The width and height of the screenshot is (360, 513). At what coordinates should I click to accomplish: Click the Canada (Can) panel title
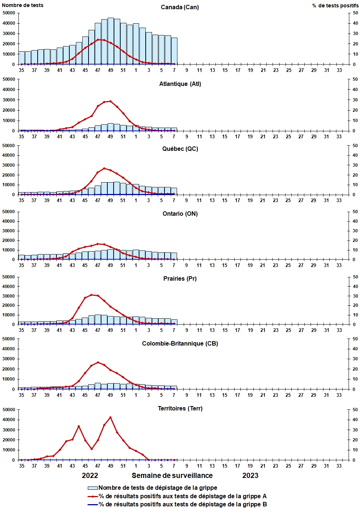[x=180, y=7]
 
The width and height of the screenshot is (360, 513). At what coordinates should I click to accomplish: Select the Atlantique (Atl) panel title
[x=180, y=84]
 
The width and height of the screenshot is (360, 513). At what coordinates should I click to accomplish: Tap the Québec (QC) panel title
[x=180, y=149]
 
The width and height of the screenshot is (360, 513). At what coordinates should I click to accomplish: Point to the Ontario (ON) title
[x=180, y=214]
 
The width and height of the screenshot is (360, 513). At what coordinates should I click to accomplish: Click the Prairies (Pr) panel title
[x=180, y=279]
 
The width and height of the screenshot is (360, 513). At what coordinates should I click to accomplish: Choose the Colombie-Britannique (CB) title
[x=180, y=344]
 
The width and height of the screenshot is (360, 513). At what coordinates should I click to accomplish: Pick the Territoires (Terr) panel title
[x=180, y=409]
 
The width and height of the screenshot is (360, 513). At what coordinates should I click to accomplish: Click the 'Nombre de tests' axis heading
[x=22, y=5]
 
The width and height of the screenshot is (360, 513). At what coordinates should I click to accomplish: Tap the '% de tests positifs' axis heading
[x=335, y=6]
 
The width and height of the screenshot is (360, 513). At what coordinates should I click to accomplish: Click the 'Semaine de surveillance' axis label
[x=172, y=476]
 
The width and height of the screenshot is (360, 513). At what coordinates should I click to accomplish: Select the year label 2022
[x=90, y=476]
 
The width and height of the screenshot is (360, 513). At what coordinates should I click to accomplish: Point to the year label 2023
[x=250, y=476]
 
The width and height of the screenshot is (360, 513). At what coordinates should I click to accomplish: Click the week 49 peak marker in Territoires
[x=110, y=417]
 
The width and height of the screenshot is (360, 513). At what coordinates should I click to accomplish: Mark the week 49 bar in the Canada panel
[x=111, y=41]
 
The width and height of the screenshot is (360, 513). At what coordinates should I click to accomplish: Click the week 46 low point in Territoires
[x=91, y=449]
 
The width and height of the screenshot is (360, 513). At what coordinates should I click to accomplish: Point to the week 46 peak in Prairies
[x=91, y=295]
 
